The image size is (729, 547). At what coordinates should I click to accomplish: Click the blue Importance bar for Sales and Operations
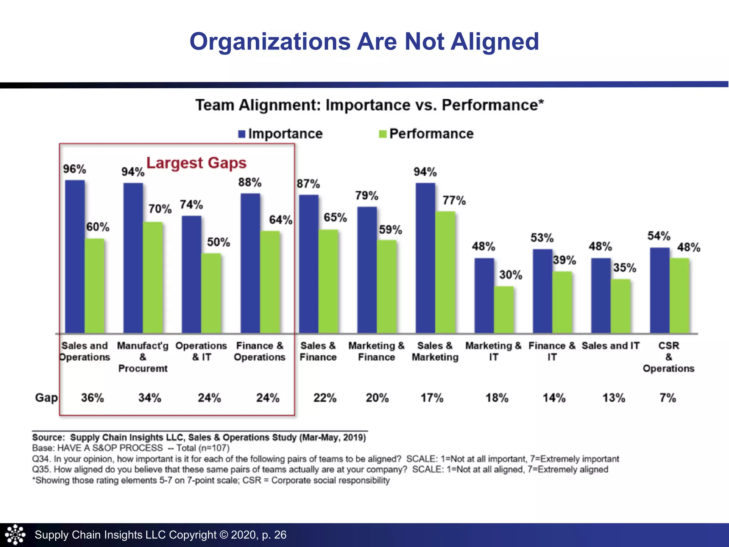coord(75,256)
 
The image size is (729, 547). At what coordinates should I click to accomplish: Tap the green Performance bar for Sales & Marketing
coord(445,272)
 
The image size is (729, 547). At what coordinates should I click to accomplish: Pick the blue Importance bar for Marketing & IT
coord(484,296)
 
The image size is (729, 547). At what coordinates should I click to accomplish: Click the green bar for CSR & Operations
coord(679,296)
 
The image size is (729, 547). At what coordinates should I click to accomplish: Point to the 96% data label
coord(74,169)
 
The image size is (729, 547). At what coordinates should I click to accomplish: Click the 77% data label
coord(454,200)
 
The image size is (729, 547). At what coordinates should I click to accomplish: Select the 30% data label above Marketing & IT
coord(510,275)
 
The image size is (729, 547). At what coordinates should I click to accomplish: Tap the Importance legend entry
coord(280,134)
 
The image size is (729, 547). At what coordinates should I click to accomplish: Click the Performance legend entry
coord(426,134)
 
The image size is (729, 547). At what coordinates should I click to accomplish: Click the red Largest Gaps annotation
coord(196,163)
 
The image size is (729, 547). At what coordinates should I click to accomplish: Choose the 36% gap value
coord(92,398)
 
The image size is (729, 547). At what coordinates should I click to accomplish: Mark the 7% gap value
coord(667,398)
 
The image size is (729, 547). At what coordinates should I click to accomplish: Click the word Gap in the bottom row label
coord(46,397)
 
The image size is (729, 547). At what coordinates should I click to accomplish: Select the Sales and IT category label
coord(610,346)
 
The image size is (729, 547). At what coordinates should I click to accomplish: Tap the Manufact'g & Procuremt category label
coord(143,357)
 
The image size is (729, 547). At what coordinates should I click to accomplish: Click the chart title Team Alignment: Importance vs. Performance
coord(369,105)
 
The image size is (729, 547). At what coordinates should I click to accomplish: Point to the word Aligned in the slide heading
coord(495,42)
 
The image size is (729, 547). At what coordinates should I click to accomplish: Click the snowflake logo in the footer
coord(15,535)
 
